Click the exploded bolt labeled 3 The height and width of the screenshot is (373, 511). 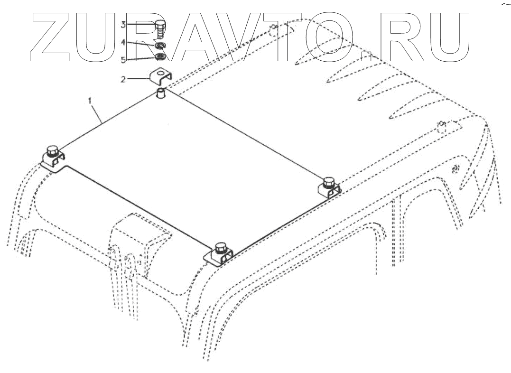tap(160, 29)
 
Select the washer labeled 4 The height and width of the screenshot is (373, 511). tap(160, 46)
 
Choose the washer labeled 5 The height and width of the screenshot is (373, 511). tap(160, 57)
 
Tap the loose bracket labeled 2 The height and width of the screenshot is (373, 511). tap(160, 76)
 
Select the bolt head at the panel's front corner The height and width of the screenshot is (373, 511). tap(220, 247)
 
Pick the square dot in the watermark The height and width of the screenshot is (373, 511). tap(366, 56)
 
